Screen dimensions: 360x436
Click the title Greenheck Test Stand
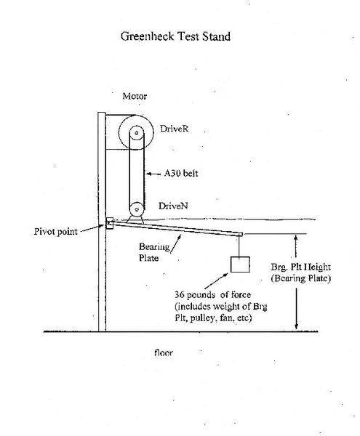(x=175, y=36)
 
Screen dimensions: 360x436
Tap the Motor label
(x=135, y=96)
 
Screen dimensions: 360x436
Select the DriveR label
(x=174, y=129)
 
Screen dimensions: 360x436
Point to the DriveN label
(x=173, y=206)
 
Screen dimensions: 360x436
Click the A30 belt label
(x=181, y=173)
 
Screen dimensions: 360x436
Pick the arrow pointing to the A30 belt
(x=153, y=174)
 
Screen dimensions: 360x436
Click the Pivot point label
(x=56, y=232)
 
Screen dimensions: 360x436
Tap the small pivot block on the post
(x=109, y=223)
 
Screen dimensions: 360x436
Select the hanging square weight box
(x=240, y=265)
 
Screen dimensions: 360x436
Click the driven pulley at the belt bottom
(x=136, y=209)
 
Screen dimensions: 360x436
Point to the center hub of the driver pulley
(x=136, y=133)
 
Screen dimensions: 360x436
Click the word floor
(x=164, y=353)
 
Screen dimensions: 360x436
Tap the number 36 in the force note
(x=179, y=294)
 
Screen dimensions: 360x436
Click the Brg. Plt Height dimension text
(x=301, y=267)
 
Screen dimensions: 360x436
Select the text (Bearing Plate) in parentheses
(x=301, y=278)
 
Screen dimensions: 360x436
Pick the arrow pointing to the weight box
(x=216, y=280)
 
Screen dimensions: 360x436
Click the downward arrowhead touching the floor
(x=296, y=326)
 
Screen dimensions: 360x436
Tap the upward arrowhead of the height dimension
(x=295, y=238)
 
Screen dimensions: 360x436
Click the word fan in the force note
(x=225, y=318)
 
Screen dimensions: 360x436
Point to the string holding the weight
(x=240, y=246)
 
